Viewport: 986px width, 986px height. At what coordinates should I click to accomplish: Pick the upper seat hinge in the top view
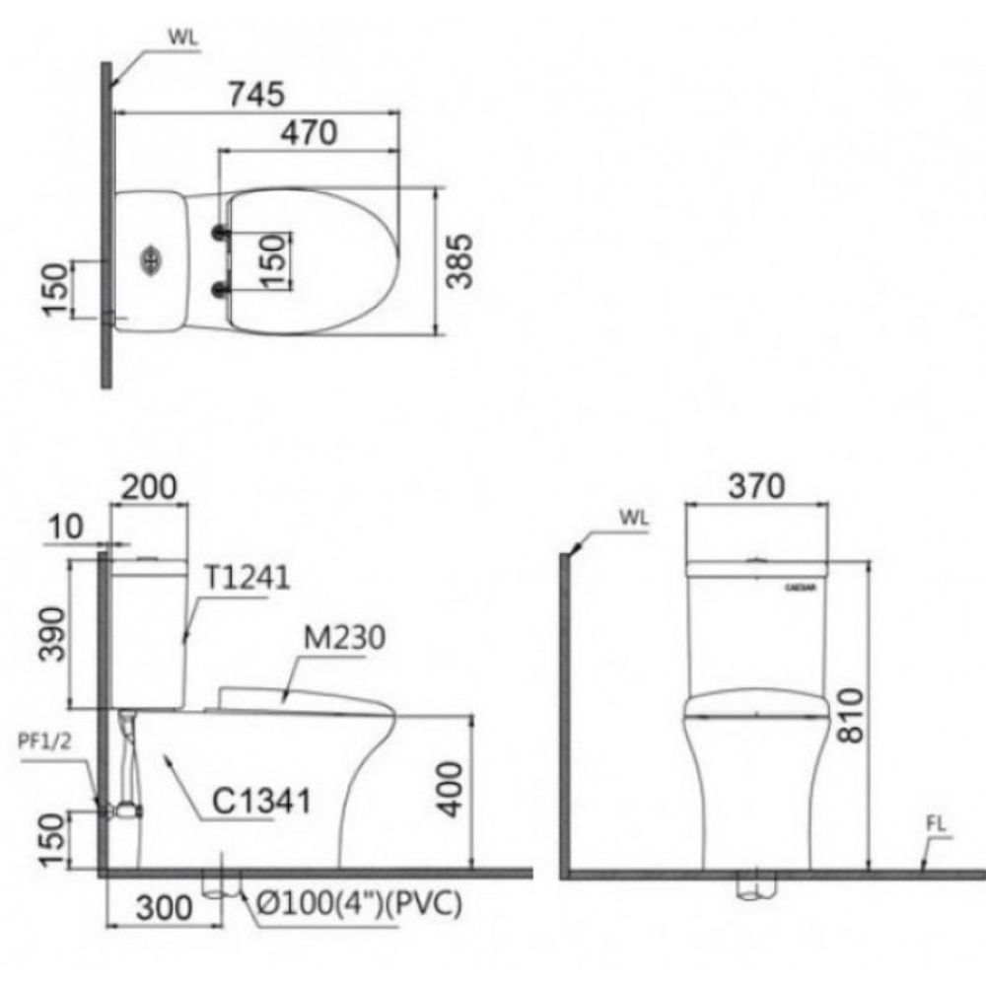tap(220, 234)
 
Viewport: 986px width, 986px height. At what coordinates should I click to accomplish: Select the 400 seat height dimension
tap(449, 789)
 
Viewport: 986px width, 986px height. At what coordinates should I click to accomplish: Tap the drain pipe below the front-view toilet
tap(756, 888)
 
